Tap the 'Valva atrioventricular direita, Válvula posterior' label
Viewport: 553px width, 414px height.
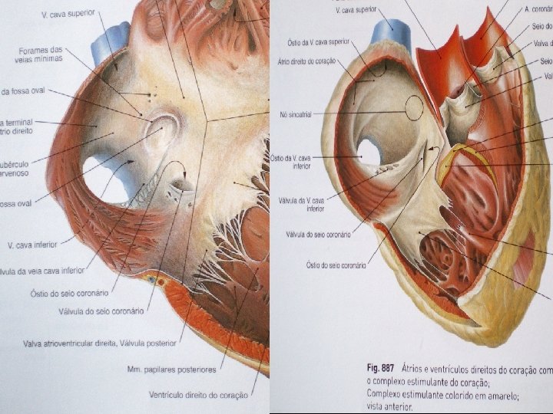(x=101, y=343)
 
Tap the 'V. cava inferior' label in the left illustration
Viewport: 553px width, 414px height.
(x=34, y=245)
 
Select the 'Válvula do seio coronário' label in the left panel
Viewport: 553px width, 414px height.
(x=101, y=311)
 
